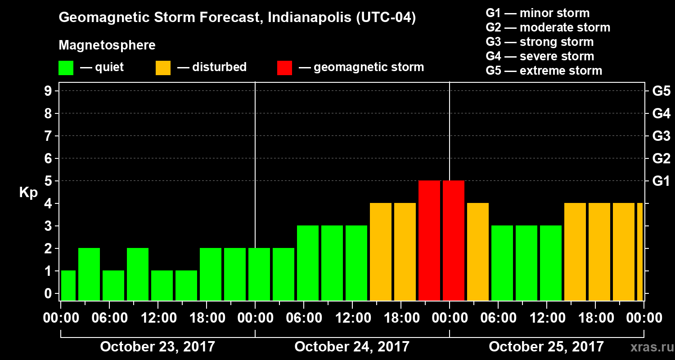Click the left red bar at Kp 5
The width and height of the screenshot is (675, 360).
pos(429,240)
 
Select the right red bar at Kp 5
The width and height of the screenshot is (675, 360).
pos(453,240)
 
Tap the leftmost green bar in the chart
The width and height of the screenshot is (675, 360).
pos(68,285)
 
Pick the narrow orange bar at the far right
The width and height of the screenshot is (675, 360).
pos(639,252)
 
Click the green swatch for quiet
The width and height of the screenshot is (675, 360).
pos(66,68)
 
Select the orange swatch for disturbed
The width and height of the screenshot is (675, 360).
pos(163,68)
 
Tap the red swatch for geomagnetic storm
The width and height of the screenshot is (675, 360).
pos(284,68)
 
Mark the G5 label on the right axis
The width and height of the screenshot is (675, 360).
pos(661,91)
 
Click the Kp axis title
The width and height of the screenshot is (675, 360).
pos(28,193)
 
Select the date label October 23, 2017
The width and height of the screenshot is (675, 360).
pos(157,347)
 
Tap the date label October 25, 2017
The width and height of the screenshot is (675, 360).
pos(546,347)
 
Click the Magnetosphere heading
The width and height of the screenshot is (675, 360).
pos(107,45)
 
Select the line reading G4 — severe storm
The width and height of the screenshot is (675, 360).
pos(540,56)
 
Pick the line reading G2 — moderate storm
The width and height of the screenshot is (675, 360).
pos(548,27)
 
